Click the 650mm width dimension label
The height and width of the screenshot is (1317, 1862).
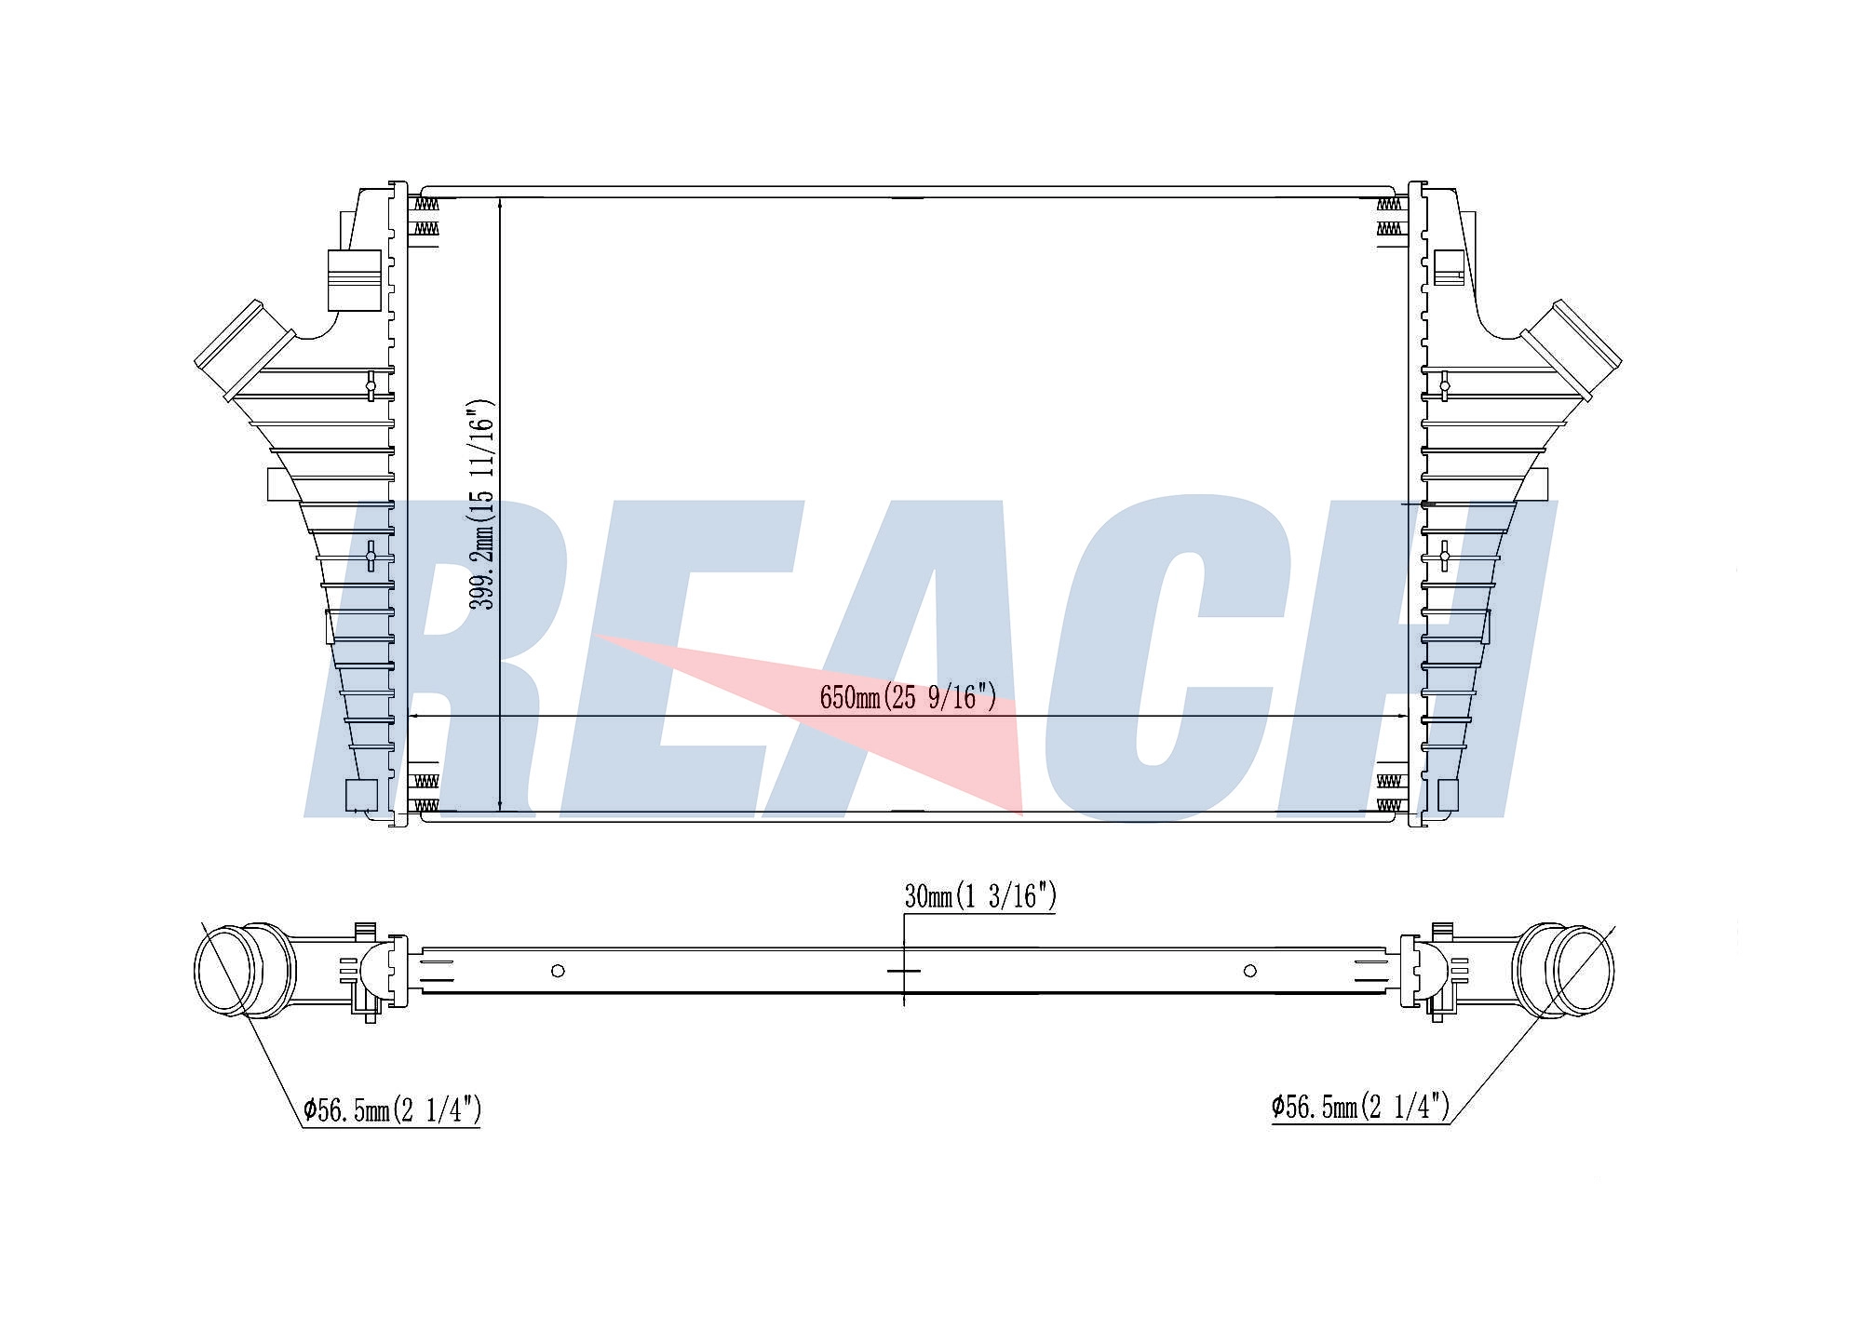[908, 697]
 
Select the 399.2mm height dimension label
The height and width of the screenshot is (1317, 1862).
[482, 504]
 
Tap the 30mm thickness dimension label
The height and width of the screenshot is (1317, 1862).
[980, 896]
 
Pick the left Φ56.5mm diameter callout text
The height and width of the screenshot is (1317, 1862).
[392, 1109]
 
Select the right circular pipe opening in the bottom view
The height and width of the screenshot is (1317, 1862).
[1583, 970]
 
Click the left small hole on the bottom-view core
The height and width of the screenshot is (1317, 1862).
[558, 971]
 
